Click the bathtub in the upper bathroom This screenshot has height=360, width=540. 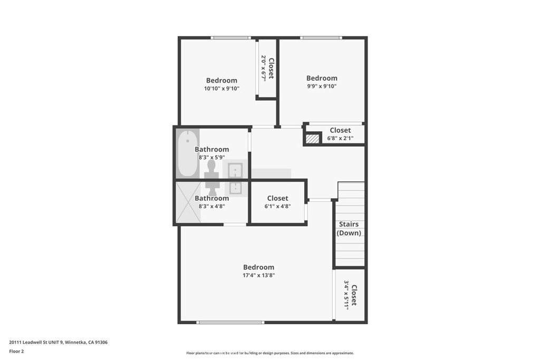coord(188,153)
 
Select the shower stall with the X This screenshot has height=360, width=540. coord(188,202)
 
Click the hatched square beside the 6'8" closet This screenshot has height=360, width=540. coord(312,139)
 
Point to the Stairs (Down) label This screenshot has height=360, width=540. coord(349,229)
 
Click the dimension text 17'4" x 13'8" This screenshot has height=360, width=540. coord(258,275)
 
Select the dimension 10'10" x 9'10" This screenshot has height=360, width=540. coord(222,89)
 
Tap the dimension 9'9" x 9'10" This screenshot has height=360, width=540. coord(322,86)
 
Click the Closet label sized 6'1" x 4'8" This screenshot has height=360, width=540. coord(277,198)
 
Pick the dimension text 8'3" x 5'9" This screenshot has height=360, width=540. coord(212,158)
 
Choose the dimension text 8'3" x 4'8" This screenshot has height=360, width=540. coord(212,207)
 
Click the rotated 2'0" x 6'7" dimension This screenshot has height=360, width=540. coord(264,68)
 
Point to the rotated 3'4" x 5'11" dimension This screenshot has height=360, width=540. coord(346,295)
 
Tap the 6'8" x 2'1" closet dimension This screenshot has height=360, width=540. coord(340,138)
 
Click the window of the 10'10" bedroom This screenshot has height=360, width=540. coord(231,37)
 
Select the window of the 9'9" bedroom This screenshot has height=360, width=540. coord(321,37)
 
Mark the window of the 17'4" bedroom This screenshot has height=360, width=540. coord(230,323)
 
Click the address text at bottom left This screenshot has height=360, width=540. coord(58,343)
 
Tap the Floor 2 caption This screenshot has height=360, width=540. coord(16,352)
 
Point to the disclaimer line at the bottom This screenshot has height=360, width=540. coord(270,353)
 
